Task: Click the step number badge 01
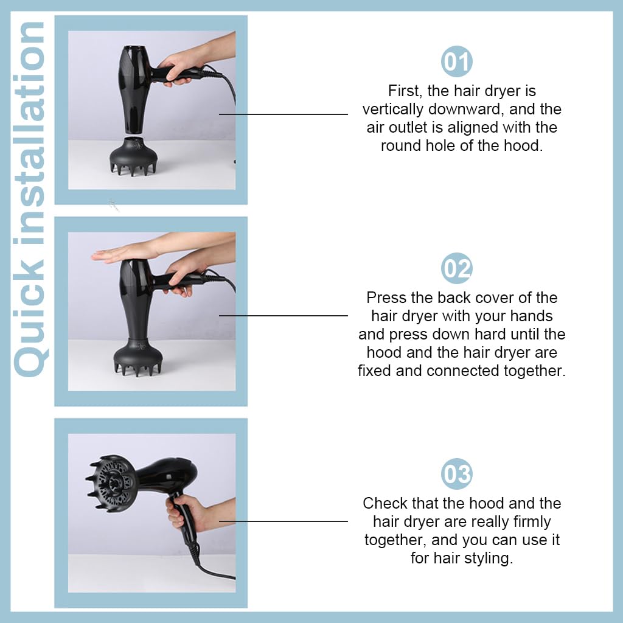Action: [456, 62]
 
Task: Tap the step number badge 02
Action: [456, 268]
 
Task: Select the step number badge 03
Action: [456, 474]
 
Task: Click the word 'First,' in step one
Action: [405, 91]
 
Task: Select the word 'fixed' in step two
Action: [374, 371]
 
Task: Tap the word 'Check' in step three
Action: [383, 503]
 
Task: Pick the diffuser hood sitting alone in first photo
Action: [134, 157]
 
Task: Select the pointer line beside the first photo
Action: [283, 114]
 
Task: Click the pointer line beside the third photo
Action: [283, 521]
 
